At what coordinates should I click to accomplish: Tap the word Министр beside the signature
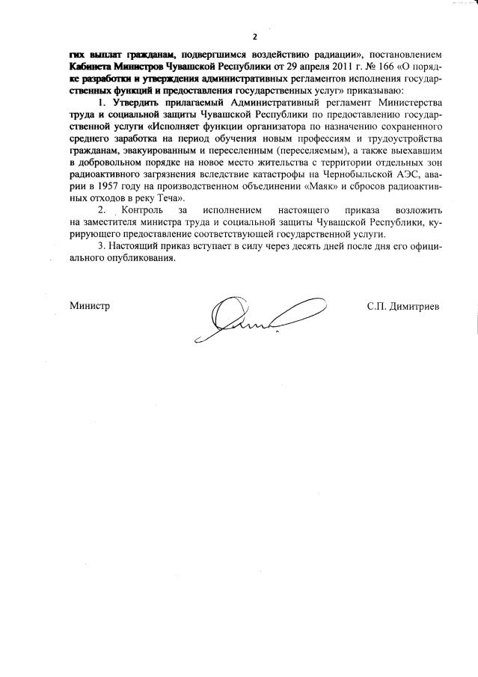pyautogui.click(x=90, y=306)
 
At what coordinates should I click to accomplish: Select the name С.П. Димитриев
pyautogui.click(x=404, y=306)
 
